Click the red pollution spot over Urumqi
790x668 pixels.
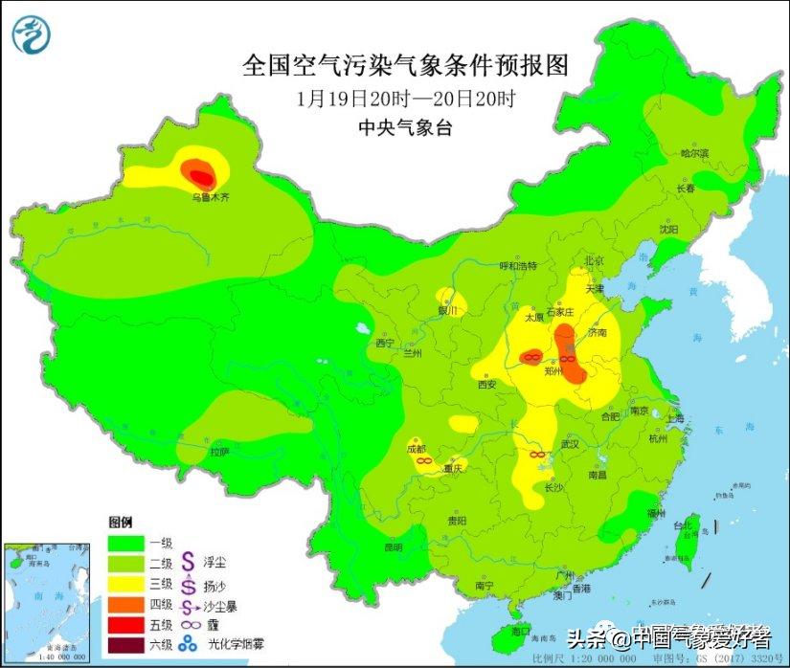200,174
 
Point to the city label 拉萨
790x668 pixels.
221,451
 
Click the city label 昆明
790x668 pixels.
394,547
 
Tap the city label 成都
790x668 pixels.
418,448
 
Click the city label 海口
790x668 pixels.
519,632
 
